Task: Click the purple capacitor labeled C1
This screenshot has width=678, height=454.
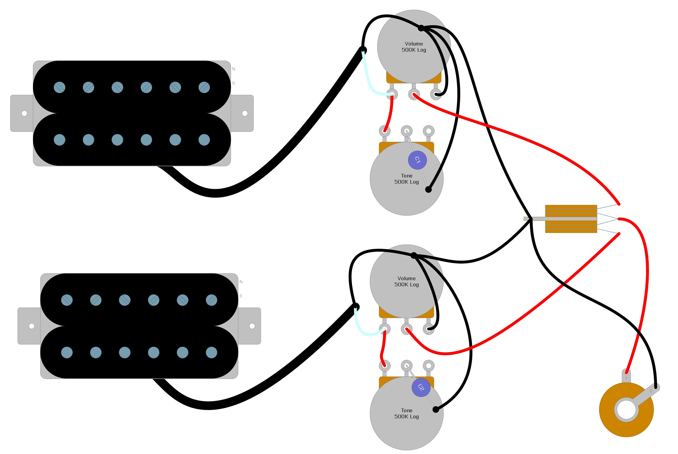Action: (x=417, y=160)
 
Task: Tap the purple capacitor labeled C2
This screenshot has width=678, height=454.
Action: (x=421, y=388)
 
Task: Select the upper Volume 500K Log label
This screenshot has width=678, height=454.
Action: (x=414, y=47)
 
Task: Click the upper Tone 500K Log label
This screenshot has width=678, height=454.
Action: (x=407, y=179)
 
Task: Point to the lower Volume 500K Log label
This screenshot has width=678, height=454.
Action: (x=407, y=281)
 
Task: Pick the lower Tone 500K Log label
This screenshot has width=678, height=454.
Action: (x=407, y=413)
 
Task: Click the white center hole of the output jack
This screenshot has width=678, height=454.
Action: (x=626, y=410)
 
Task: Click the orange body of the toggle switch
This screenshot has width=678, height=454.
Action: (x=571, y=211)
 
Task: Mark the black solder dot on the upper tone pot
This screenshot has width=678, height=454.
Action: (x=428, y=190)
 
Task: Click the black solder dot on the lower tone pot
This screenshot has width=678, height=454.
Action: (x=436, y=410)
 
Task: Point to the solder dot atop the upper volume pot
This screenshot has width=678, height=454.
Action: (x=421, y=28)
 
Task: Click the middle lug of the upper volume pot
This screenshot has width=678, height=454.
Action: (x=414, y=94)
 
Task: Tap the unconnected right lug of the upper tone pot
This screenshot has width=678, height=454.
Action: (x=428, y=131)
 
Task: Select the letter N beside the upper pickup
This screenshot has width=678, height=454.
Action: (x=234, y=69)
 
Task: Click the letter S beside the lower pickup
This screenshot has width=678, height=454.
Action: (x=241, y=296)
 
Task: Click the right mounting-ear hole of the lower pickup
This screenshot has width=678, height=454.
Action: (x=252, y=326)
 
